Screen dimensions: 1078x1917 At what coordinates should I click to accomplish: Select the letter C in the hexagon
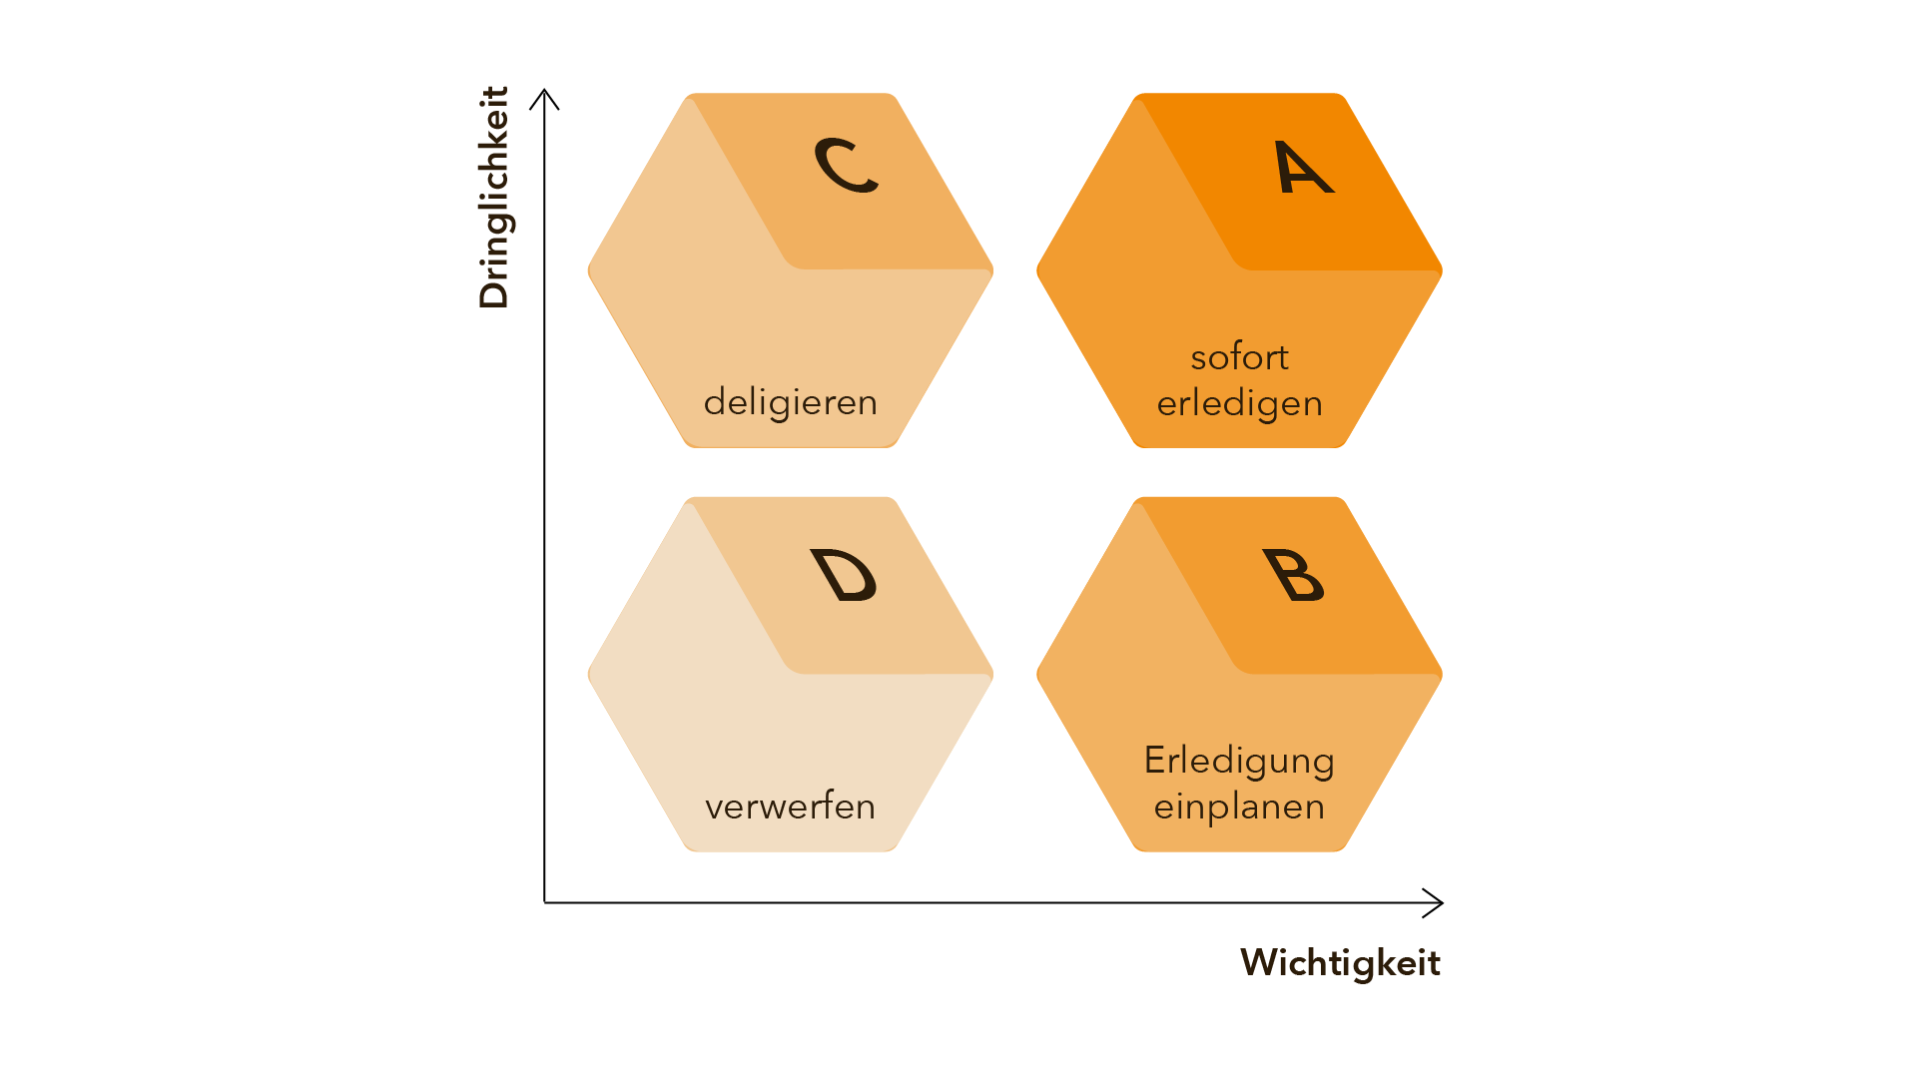pos(846,165)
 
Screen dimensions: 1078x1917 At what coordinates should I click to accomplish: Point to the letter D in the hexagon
pos(845,575)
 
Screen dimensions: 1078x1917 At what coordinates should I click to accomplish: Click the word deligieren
pos(790,402)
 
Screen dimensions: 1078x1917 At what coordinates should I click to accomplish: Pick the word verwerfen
pos(790,807)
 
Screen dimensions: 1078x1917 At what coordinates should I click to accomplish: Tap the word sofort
pos(1239,357)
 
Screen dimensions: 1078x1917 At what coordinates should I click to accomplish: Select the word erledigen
pos(1239,404)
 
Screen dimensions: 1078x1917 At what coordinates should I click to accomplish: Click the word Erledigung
pos(1239,762)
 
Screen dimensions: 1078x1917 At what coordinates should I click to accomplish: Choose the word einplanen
pos(1239,807)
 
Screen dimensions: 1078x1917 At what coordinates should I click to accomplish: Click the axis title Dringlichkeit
pos(494,198)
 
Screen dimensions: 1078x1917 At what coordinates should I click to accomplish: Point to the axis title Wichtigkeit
pos(1340,963)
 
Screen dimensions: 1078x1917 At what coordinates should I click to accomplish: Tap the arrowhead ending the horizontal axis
pos(1436,902)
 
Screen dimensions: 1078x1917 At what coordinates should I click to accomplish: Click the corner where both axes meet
pos(544,902)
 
